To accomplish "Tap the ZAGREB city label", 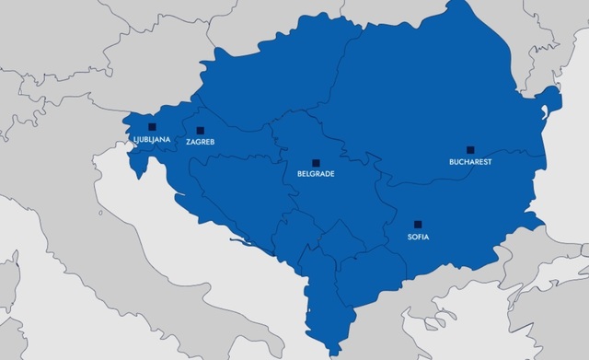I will (x=200, y=144).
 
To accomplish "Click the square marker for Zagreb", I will (x=200, y=131).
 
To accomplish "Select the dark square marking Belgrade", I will (x=316, y=161).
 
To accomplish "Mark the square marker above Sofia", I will (x=418, y=223).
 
